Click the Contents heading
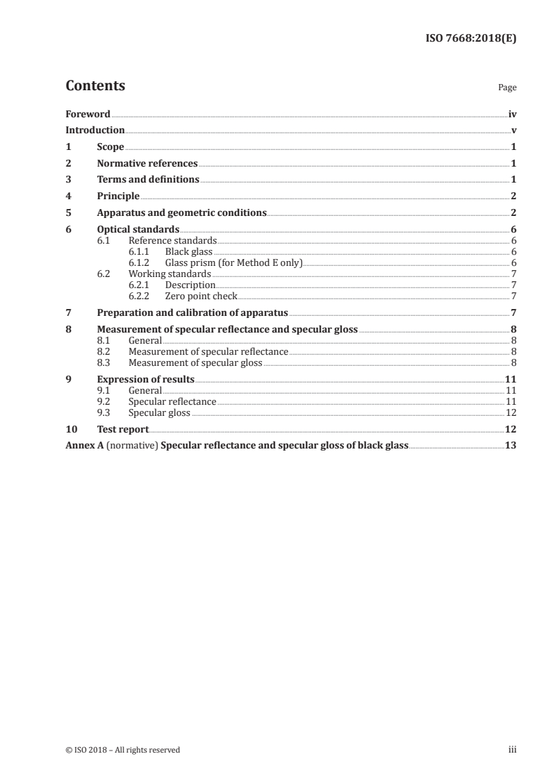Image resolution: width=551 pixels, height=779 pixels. (x=95, y=86)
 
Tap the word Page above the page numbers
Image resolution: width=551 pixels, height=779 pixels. (x=507, y=88)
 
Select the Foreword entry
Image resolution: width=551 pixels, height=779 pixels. (x=88, y=114)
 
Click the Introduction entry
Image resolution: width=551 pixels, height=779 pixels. (x=95, y=131)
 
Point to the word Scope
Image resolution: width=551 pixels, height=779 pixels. (x=110, y=147)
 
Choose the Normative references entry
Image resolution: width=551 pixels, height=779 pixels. (x=147, y=164)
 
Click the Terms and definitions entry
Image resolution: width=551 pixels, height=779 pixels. (x=148, y=180)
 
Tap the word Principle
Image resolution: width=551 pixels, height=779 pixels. (x=118, y=196)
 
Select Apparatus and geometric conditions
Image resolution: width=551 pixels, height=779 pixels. (x=181, y=213)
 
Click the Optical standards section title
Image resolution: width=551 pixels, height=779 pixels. (x=138, y=230)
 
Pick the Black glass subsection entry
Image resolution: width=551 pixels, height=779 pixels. (x=189, y=252)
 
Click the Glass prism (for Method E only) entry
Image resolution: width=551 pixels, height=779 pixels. (x=233, y=263)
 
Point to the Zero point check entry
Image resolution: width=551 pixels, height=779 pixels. (x=201, y=296)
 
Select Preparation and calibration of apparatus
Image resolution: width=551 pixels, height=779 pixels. (x=192, y=313)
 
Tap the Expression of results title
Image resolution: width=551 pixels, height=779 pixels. (x=145, y=380)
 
